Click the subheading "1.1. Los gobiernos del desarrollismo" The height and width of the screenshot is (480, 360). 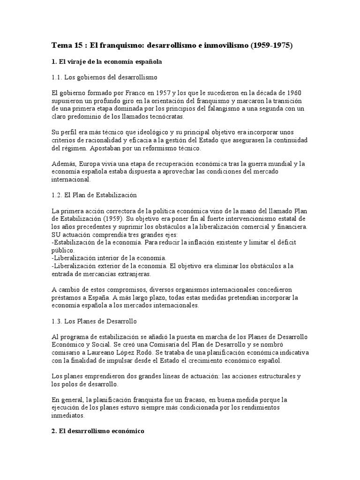[104, 77]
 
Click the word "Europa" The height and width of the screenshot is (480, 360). [90, 164]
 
